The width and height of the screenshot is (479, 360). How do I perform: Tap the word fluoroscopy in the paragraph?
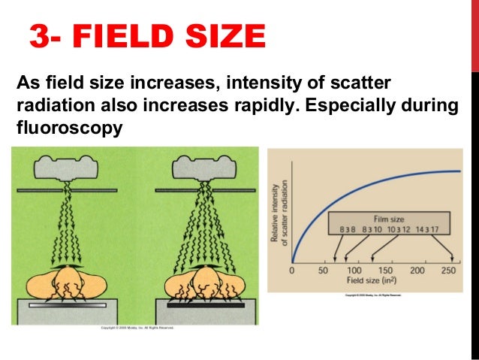pyautogui.click(x=68, y=128)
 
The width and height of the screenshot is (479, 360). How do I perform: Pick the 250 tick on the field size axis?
pyautogui.click(x=449, y=270)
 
